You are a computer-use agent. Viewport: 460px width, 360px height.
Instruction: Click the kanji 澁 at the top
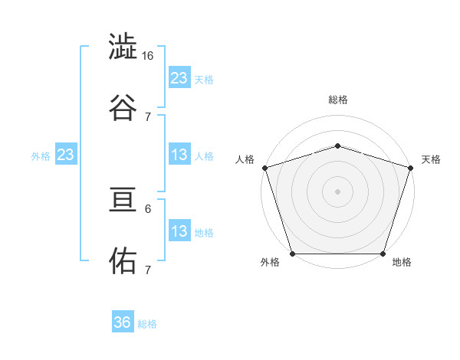tap(123, 48)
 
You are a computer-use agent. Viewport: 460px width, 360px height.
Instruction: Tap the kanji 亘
tap(123, 202)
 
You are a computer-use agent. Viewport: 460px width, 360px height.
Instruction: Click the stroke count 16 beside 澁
tap(148, 56)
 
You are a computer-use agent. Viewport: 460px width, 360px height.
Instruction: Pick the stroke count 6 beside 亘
tap(148, 208)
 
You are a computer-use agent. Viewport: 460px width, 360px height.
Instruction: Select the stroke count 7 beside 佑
tap(148, 269)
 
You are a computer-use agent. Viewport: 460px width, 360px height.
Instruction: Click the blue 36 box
tap(123, 322)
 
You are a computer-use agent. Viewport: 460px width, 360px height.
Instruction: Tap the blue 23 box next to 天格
tap(179, 77)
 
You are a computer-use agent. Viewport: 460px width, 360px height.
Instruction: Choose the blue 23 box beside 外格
tap(65, 155)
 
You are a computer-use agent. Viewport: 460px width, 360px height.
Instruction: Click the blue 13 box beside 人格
tap(179, 155)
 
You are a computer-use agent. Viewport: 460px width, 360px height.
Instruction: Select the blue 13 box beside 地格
tap(179, 231)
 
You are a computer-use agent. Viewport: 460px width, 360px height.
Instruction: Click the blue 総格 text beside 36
tap(147, 324)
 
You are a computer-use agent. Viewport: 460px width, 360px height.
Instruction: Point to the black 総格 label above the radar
tap(337, 100)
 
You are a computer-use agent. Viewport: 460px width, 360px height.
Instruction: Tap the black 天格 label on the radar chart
tap(431, 159)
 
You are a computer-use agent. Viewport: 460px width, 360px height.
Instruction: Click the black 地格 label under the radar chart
tap(402, 263)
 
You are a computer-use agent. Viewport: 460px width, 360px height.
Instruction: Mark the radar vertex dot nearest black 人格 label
tap(264, 168)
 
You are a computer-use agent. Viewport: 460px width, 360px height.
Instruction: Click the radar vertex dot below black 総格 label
tap(337, 146)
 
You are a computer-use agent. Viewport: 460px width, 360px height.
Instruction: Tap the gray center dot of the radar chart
tap(337, 191)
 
